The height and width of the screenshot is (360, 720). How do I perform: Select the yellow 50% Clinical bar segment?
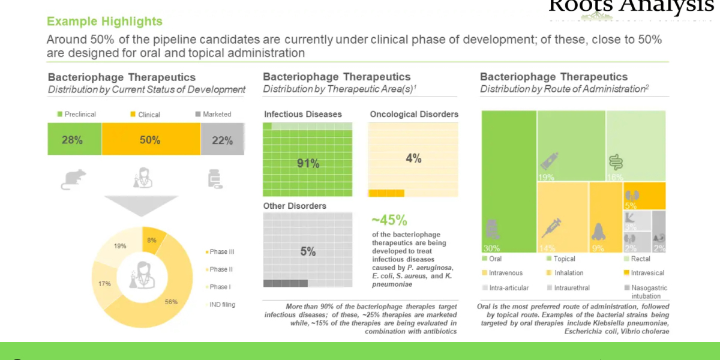tap(150, 140)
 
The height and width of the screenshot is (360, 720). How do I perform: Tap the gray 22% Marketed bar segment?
tap(222, 140)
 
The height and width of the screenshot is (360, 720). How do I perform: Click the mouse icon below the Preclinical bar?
tap(73, 179)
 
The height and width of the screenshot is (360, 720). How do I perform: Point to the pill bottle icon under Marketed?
tap(214, 179)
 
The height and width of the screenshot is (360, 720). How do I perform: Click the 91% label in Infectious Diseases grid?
tap(308, 163)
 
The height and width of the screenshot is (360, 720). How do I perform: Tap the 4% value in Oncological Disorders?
tap(413, 158)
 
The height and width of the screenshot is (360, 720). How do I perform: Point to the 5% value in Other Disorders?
tap(308, 252)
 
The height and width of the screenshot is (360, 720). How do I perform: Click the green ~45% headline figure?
tap(389, 220)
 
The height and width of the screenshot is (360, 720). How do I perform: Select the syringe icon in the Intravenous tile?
tap(551, 227)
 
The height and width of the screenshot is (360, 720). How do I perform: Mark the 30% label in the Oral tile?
tap(491, 248)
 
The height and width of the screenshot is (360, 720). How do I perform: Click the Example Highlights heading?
tap(104, 22)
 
